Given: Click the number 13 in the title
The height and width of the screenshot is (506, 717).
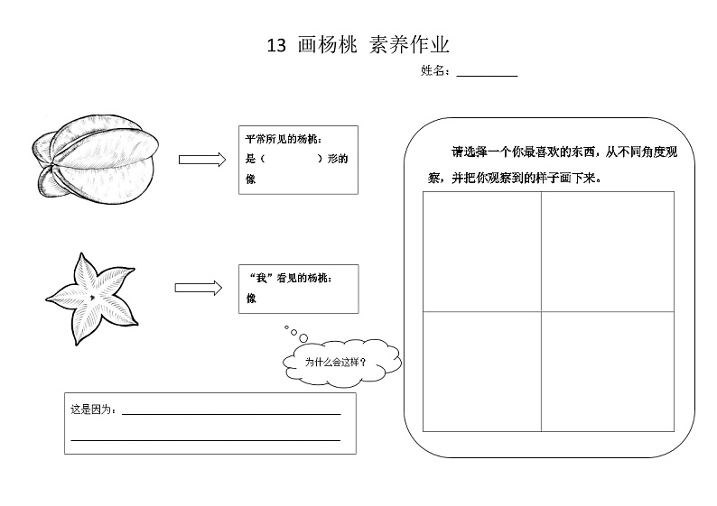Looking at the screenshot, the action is [276, 46].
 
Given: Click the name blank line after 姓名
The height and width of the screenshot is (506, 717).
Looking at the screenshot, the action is [487, 76].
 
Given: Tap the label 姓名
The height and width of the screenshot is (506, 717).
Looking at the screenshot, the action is [433, 70].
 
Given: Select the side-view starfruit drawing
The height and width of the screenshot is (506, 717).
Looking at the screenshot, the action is [96, 159].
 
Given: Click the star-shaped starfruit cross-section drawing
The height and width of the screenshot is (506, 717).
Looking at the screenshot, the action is [91, 299].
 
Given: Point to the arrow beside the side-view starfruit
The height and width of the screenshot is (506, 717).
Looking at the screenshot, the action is [202, 160].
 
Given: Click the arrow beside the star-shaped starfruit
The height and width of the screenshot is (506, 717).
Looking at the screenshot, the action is [199, 288].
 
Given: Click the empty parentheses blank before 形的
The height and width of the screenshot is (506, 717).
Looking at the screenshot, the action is [292, 159].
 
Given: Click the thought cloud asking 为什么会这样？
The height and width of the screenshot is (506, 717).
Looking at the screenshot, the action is [342, 363].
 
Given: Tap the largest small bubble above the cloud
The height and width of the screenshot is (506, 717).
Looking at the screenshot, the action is [303, 338].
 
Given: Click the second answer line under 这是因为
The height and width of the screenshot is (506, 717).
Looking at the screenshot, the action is [206, 441].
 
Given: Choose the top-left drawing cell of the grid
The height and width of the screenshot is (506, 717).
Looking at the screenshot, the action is [482, 252].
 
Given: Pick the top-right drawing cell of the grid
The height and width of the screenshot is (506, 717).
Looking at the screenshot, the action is [608, 252].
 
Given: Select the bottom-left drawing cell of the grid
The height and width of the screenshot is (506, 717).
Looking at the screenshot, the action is [482, 372].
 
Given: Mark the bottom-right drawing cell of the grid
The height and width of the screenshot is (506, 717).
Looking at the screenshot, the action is [608, 372].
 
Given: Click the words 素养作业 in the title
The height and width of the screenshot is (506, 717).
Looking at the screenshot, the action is [409, 45].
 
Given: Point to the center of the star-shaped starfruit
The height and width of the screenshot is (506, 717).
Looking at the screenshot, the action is [92, 298].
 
